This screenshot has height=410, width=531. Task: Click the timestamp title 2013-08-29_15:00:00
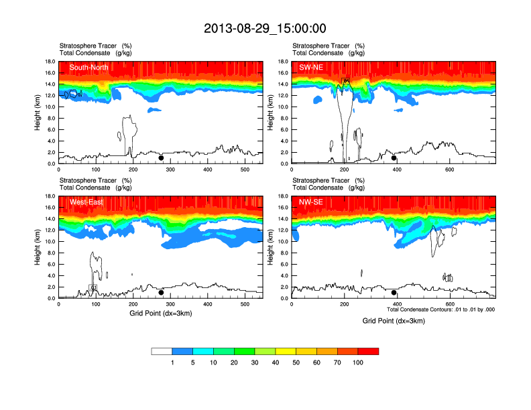tap(265, 28)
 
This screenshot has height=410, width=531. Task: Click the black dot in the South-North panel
tap(161, 158)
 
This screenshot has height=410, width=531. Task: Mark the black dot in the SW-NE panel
tap(394, 158)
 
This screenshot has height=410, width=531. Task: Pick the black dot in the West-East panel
tap(161, 293)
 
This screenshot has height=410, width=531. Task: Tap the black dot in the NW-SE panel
tap(394, 293)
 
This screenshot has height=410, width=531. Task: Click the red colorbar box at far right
tap(368, 351)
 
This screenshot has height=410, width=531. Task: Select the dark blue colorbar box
tap(183, 351)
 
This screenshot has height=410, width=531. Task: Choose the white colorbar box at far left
tap(162, 351)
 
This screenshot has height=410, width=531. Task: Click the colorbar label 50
tap(296, 362)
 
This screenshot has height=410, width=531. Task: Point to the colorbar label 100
tap(358, 362)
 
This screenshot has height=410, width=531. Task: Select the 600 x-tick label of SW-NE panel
tap(449, 169)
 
